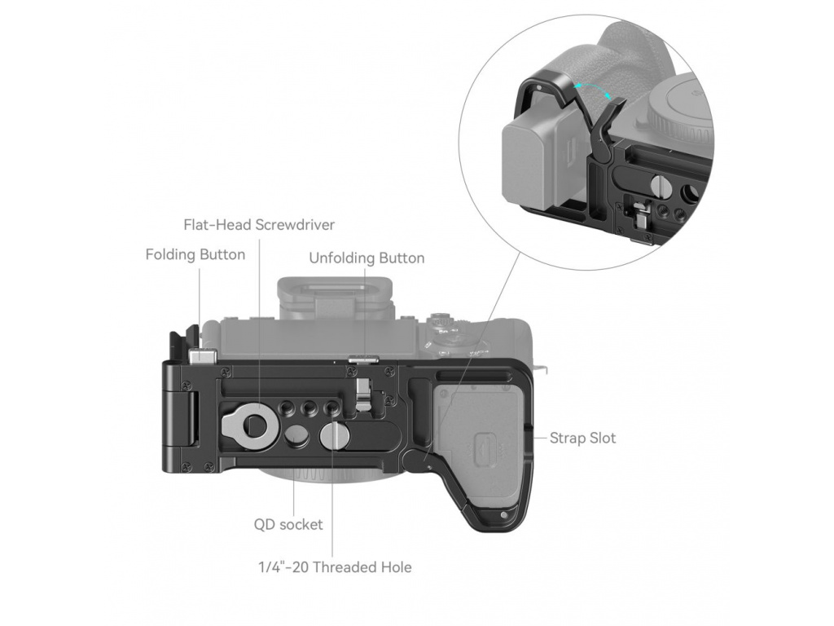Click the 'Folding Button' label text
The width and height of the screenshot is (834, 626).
(x=195, y=254)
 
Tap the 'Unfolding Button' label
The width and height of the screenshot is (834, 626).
(x=367, y=258)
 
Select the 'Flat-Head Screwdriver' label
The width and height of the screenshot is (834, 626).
(x=259, y=224)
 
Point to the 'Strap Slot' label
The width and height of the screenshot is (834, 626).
(x=582, y=438)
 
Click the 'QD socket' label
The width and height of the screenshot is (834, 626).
(x=288, y=524)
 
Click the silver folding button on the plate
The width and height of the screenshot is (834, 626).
(x=202, y=356)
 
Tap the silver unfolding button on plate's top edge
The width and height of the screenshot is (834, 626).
(x=363, y=356)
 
